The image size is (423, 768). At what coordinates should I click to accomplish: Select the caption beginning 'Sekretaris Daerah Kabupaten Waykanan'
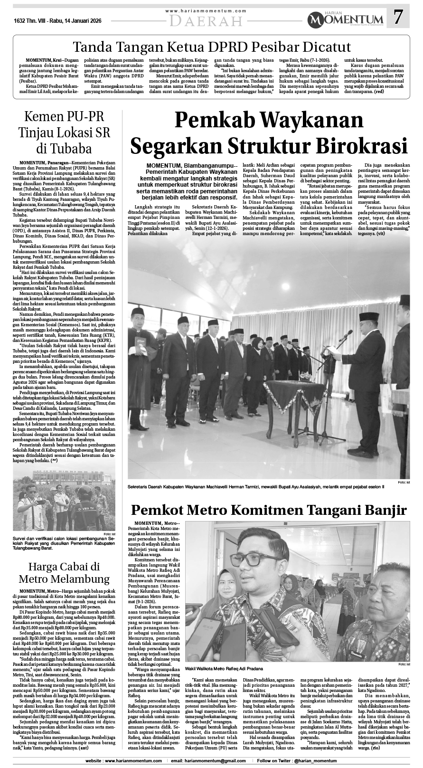coord(255,487)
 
